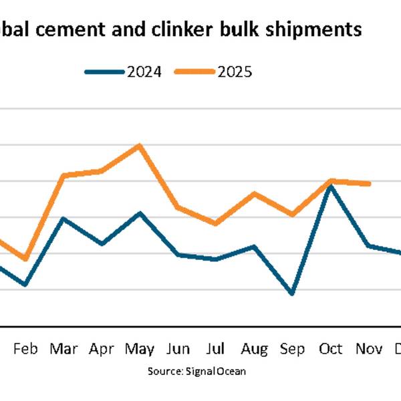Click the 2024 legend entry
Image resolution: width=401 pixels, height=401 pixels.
pyautogui.click(x=124, y=72)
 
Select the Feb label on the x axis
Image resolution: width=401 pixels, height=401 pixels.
pyautogui.click(x=25, y=349)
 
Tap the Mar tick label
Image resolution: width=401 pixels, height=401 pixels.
pyautogui.click(x=63, y=349)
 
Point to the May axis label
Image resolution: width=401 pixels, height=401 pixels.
pyautogui.click(x=139, y=349)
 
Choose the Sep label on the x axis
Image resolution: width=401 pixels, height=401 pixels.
pyautogui.click(x=292, y=349)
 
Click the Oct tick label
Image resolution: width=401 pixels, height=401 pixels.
pyautogui.click(x=331, y=349)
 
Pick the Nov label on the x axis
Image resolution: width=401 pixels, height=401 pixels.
pyautogui.click(x=369, y=349)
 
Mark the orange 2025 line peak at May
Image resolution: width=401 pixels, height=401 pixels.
pyautogui.click(x=139, y=144)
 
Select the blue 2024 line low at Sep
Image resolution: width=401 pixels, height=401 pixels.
pyautogui.click(x=292, y=293)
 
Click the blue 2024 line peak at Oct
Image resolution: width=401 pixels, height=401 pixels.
pyautogui.click(x=331, y=185)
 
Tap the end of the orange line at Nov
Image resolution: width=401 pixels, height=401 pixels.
pyautogui.click(x=370, y=183)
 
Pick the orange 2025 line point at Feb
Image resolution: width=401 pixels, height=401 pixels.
pyautogui.click(x=25, y=259)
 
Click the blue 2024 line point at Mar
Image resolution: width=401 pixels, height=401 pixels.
pyautogui.click(x=63, y=219)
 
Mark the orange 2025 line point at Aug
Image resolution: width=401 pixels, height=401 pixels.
pyautogui.click(x=254, y=193)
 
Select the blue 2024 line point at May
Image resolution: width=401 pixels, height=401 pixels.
pyautogui.click(x=139, y=213)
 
